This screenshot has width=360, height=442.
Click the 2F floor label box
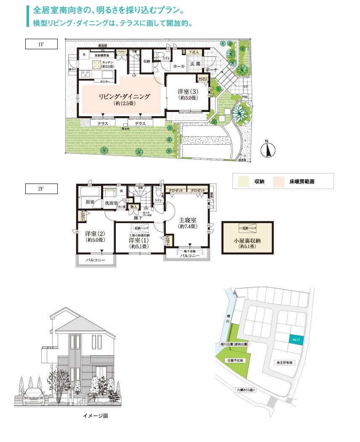pos(41,189)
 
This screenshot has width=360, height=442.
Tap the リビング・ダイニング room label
pos(124,96)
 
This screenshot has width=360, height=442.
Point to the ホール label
pos(179,67)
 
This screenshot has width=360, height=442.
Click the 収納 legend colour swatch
pos(244,182)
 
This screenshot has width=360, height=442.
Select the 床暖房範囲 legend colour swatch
pos(279,182)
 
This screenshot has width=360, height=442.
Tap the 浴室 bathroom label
pos(90,202)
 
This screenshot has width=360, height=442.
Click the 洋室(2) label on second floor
pos(95,234)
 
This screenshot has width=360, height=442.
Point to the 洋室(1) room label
pos(139,240)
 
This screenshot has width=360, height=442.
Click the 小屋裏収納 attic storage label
pos(248,242)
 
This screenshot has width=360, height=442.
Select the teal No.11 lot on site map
pos(296,339)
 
